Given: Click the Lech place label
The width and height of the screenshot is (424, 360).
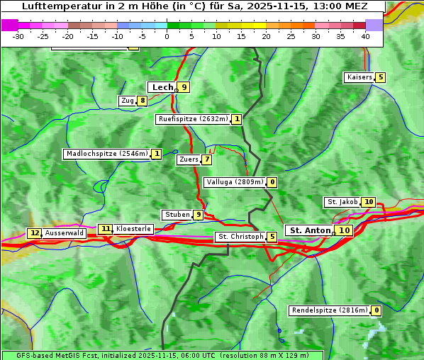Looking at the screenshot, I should click(162, 87).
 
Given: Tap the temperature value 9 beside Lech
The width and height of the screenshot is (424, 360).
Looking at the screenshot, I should click(184, 87).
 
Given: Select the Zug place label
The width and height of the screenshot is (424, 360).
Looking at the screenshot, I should click(128, 101).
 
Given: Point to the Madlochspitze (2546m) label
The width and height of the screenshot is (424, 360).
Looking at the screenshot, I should click(106, 154).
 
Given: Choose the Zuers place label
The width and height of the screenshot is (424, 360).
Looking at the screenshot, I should click(189, 159).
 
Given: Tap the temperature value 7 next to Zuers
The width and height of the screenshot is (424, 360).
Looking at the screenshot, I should click(207, 159).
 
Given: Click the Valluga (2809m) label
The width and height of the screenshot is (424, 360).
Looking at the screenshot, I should click(235, 182).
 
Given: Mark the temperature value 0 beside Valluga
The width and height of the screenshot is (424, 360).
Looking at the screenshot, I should click(272, 182).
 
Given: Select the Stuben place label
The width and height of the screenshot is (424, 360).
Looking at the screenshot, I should click(177, 215).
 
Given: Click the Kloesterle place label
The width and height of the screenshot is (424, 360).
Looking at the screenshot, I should click(133, 229).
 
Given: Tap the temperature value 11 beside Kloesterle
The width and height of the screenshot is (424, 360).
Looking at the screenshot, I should click(106, 229).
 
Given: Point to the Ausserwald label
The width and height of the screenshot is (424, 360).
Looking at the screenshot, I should click(65, 233).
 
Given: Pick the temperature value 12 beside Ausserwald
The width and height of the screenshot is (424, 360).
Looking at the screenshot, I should click(35, 233).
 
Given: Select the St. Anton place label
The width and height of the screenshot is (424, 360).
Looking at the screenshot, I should click(311, 230).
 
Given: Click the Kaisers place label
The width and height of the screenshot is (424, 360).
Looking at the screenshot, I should click(359, 77).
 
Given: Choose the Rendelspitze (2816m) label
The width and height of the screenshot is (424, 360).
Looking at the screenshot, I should click(330, 310).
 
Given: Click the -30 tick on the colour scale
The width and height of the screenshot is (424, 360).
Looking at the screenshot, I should click(18, 35).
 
